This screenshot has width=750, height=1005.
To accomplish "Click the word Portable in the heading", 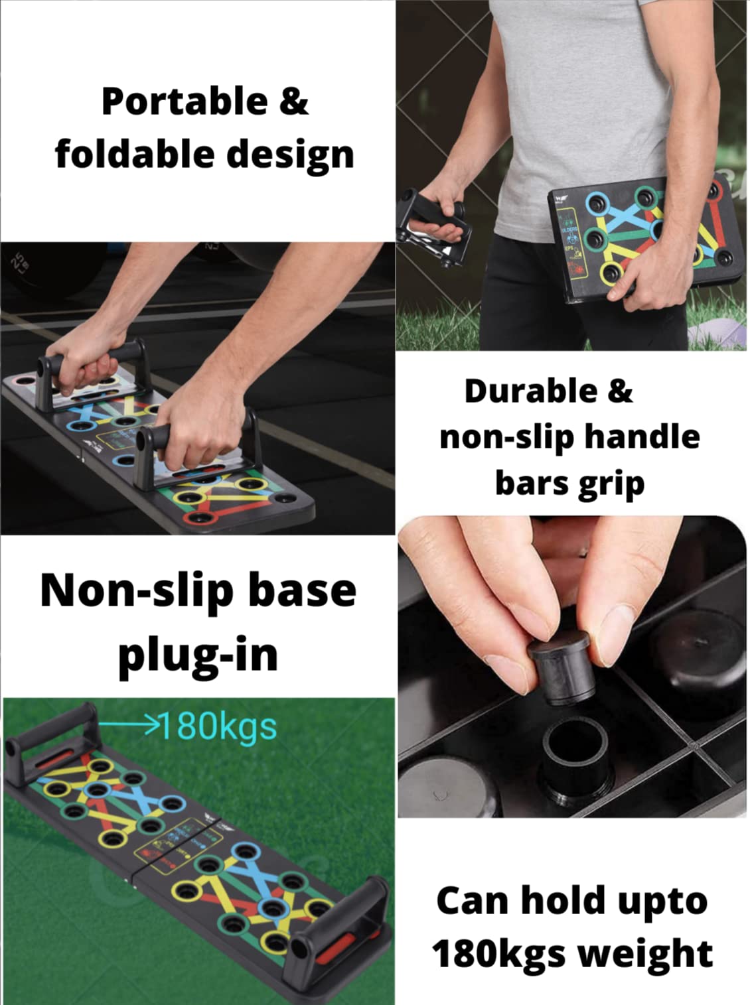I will (x=184, y=101).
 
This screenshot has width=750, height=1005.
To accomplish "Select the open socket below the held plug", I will (x=575, y=756).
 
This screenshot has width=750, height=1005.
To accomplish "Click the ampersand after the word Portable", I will (x=293, y=101).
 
